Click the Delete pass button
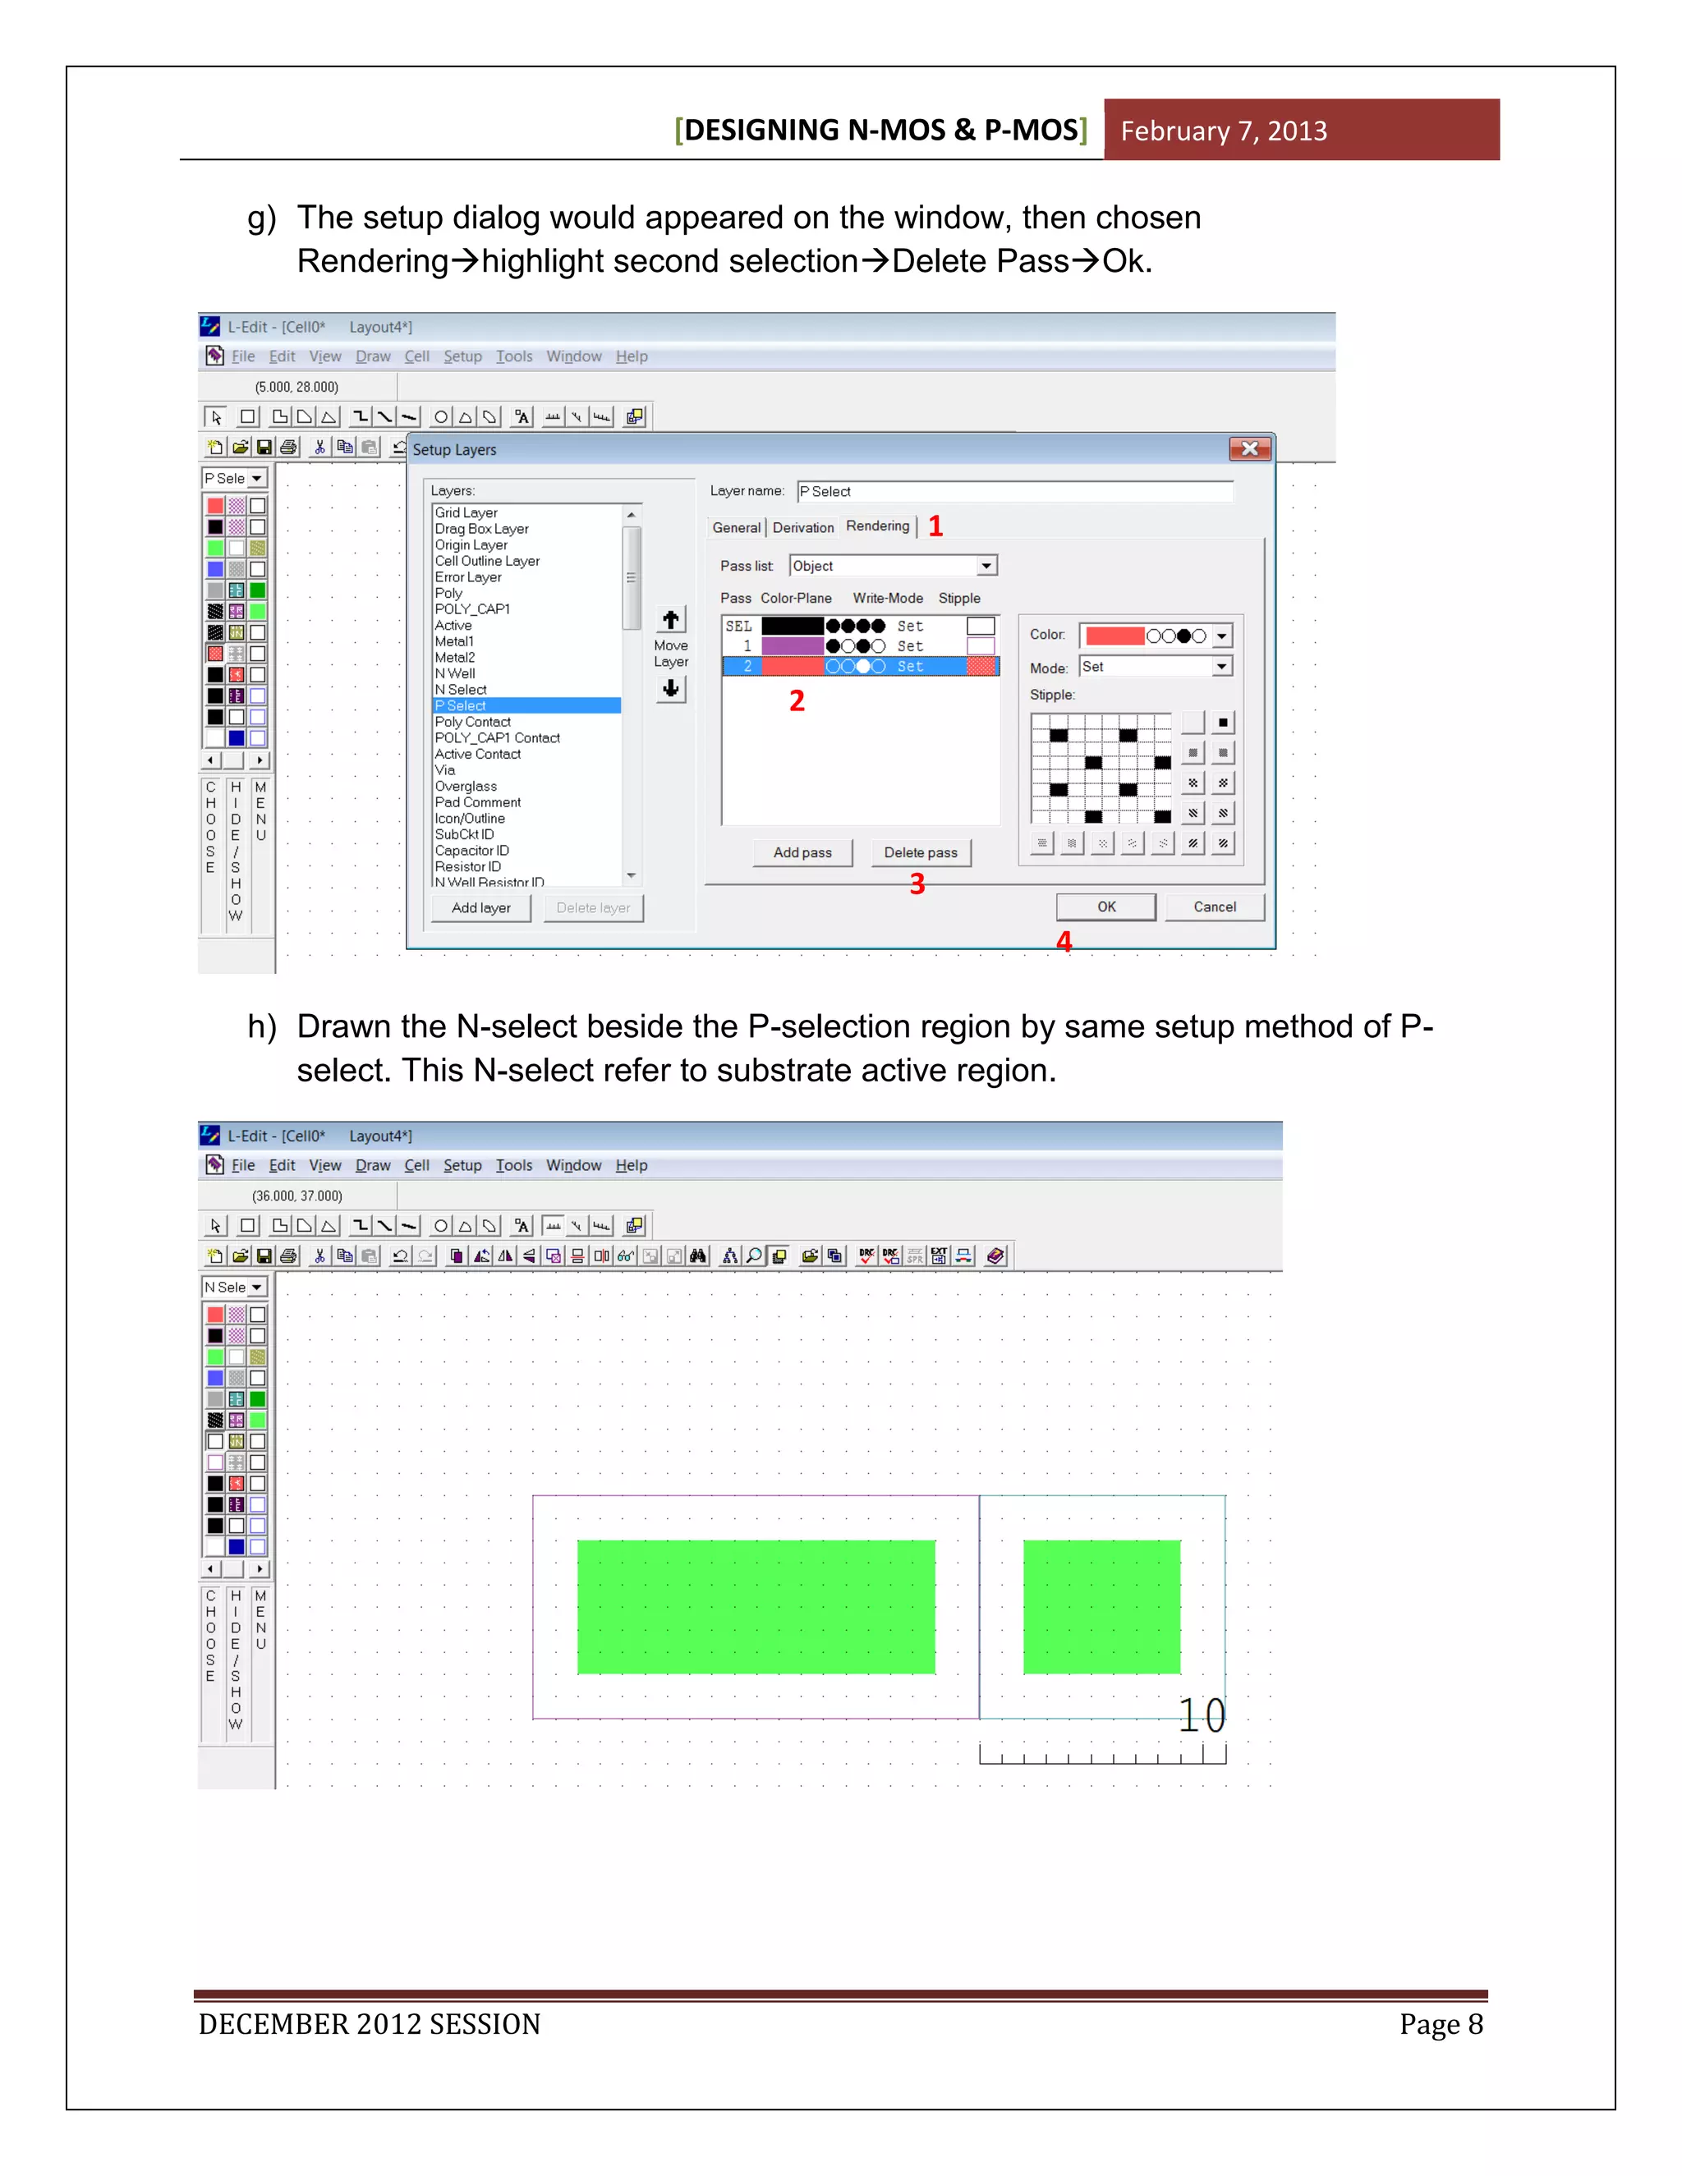click(x=920, y=853)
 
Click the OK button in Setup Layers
click(x=1106, y=907)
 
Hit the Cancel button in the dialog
click(x=1214, y=907)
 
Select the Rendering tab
click(x=877, y=526)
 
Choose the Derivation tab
click(x=802, y=528)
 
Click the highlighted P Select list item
click(x=526, y=705)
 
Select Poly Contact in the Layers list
click(x=472, y=721)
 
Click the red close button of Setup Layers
click(x=1249, y=448)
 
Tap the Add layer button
click(x=480, y=907)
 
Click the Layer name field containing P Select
click(x=1014, y=491)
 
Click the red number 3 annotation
click(x=917, y=884)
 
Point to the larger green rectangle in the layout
click(x=756, y=1606)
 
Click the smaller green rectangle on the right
click(x=1101, y=1606)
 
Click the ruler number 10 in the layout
click(x=1202, y=1715)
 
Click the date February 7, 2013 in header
click(x=1224, y=131)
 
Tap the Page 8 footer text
click(x=1440, y=2023)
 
